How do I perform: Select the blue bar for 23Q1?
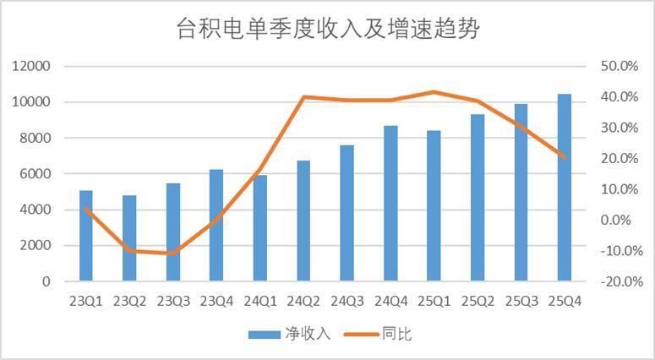[x=86, y=236]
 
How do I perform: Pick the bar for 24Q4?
[x=390, y=204]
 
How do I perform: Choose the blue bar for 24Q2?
[x=303, y=221]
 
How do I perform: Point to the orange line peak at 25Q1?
[x=434, y=92]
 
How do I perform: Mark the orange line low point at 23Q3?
[x=173, y=253]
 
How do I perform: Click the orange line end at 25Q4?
[x=565, y=156]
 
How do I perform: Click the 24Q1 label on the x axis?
[x=259, y=301]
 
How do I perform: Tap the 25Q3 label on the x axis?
[x=521, y=301]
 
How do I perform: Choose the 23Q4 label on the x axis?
[x=216, y=301]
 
